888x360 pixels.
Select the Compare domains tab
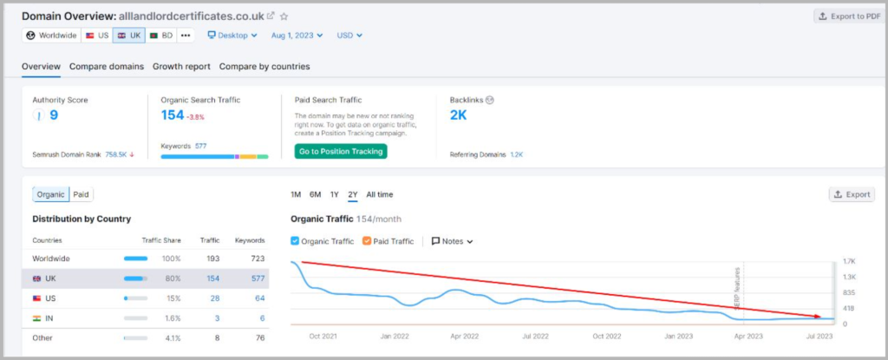click(107, 66)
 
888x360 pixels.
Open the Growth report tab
click(181, 66)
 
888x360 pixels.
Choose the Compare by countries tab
click(264, 66)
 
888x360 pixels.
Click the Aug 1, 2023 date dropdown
click(296, 36)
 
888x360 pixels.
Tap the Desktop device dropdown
click(232, 36)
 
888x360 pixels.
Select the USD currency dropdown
click(349, 36)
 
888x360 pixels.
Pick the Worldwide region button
click(52, 36)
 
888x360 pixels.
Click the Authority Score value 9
click(54, 115)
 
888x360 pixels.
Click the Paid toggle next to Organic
click(81, 194)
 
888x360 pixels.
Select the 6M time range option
click(315, 194)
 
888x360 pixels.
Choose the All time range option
click(379, 194)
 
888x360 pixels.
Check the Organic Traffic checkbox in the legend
click(296, 241)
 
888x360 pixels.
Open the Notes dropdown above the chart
click(452, 241)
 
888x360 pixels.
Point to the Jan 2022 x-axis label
click(395, 336)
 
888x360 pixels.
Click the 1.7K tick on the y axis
click(850, 260)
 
